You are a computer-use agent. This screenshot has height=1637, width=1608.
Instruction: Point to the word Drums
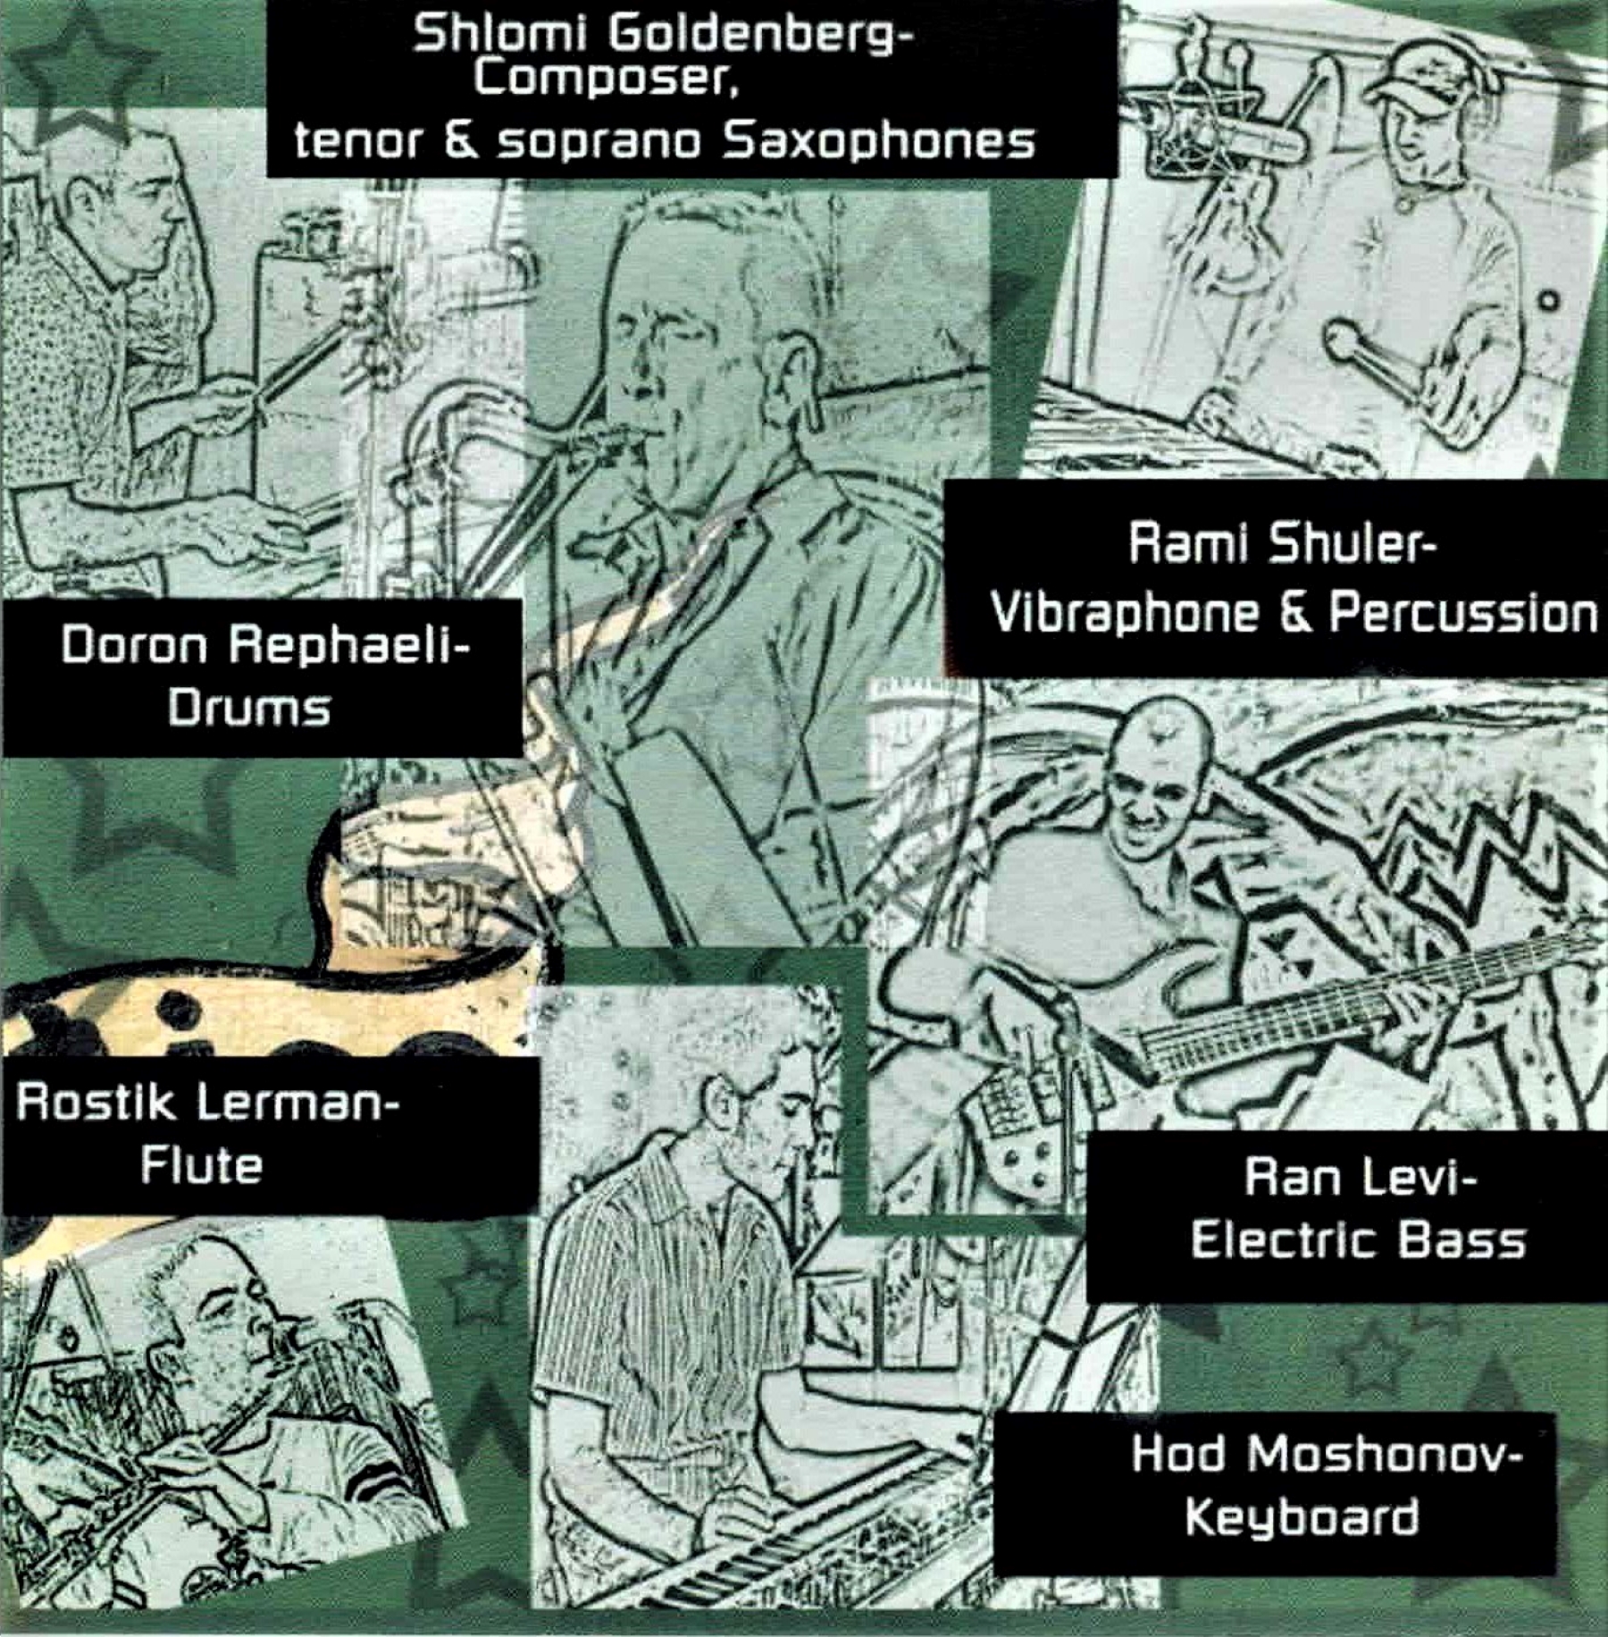coord(249,709)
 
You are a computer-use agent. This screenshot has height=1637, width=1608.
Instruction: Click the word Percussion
coord(1463,613)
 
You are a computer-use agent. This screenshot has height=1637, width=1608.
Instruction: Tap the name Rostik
coord(96,1103)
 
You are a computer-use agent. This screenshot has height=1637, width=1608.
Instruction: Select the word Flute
coord(202,1165)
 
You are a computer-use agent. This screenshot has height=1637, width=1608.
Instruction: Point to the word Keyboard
coord(1302,1517)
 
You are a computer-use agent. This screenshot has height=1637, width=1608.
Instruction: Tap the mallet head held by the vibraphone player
coord(1343,336)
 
